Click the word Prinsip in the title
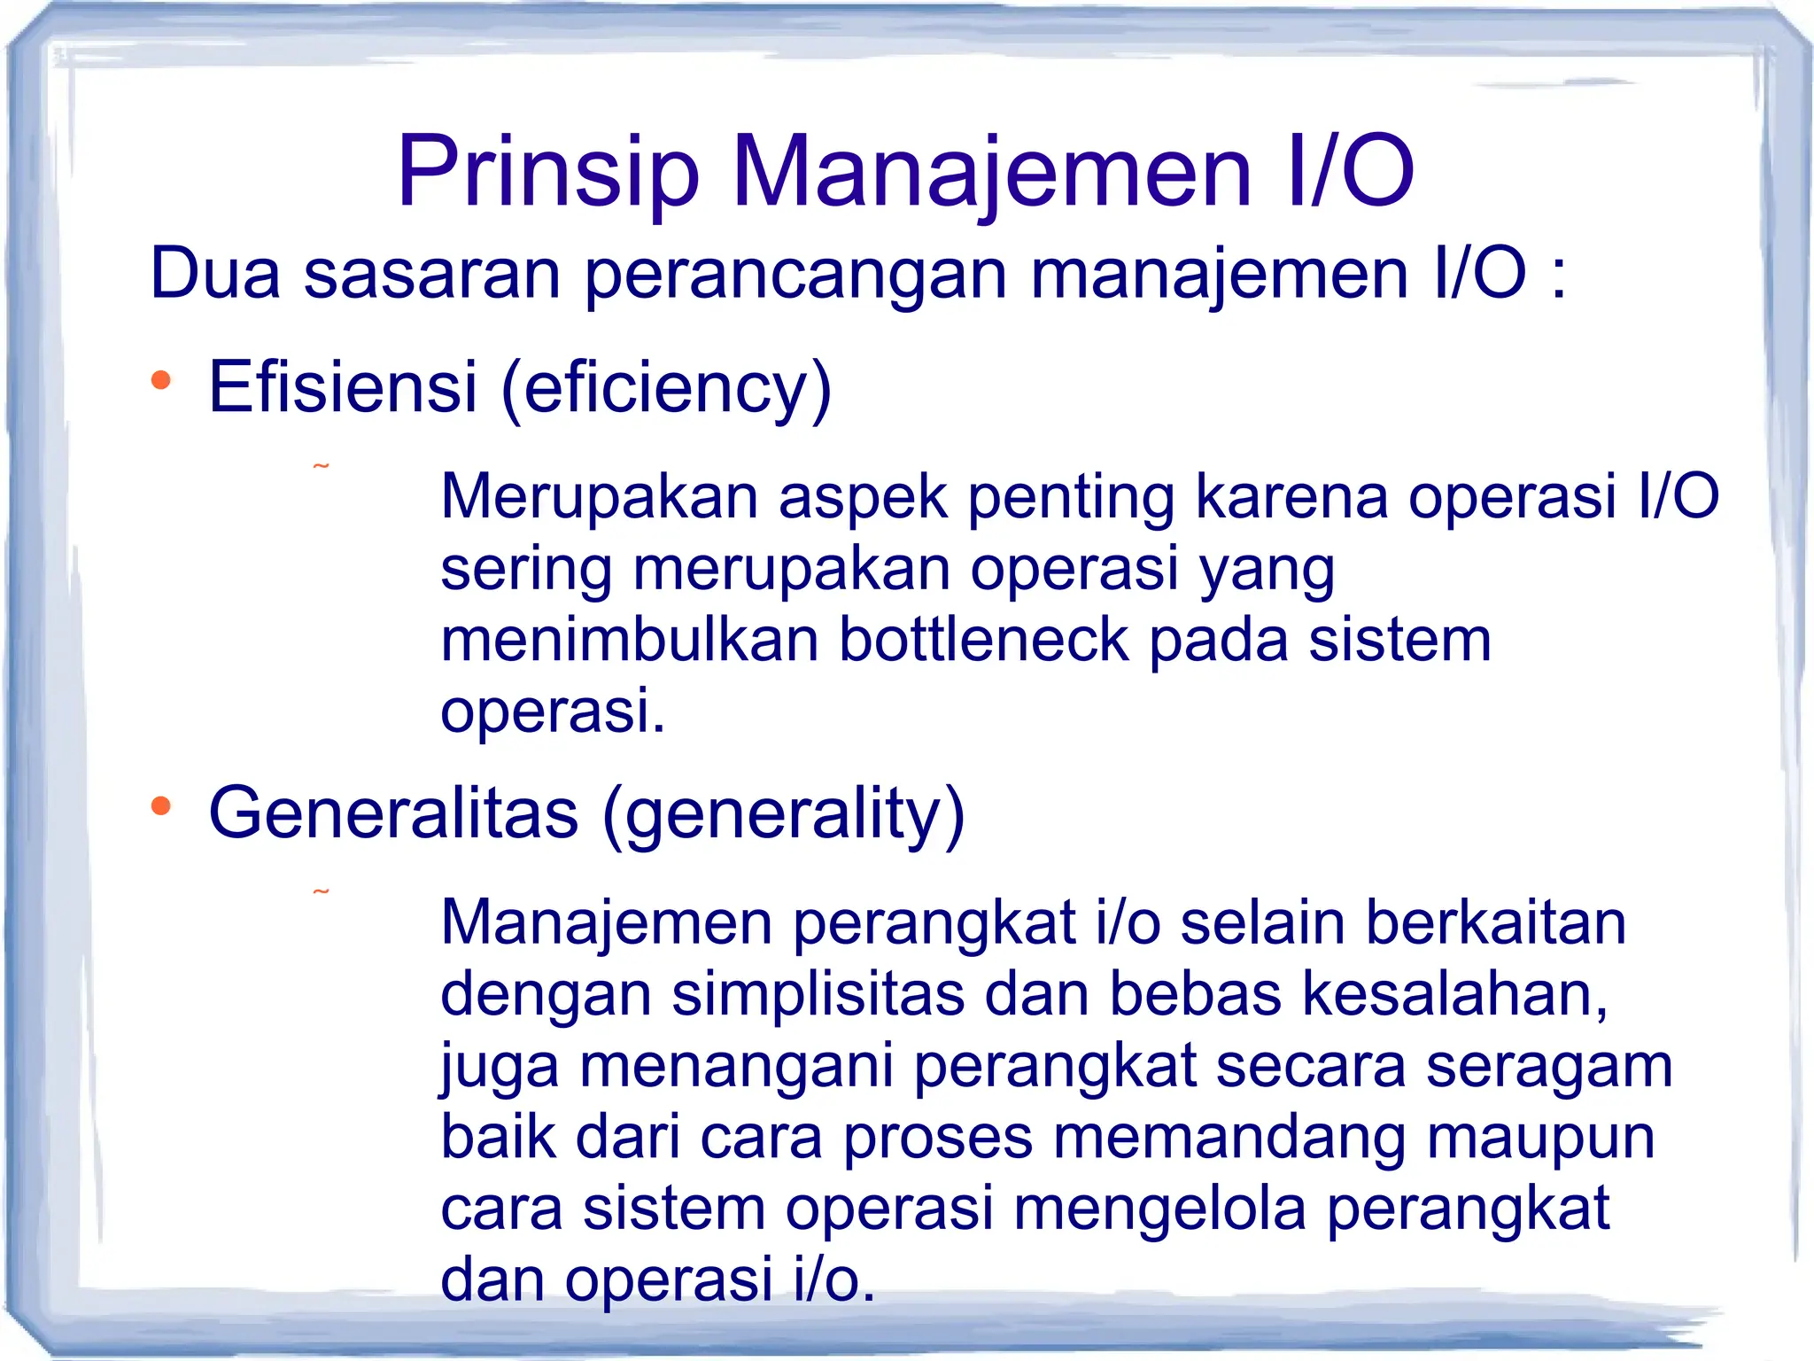click(548, 173)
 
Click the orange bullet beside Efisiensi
click(160, 381)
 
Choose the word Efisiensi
click(343, 387)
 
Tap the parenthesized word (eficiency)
click(666, 389)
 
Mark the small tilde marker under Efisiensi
click(322, 466)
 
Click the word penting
click(1071, 497)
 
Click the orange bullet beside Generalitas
click(160, 806)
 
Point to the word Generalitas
click(393, 813)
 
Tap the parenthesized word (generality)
click(783, 814)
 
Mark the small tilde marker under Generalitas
click(322, 891)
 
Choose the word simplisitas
click(818, 995)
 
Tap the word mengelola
click(1159, 1210)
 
